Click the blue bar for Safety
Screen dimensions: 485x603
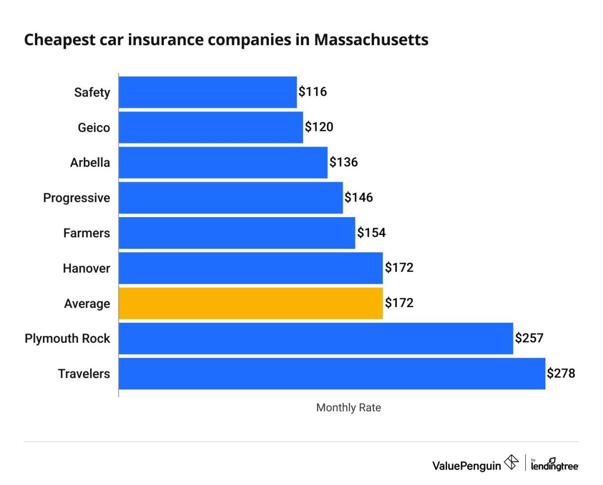pyautogui.click(x=208, y=92)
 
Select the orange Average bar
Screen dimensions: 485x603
pyautogui.click(x=251, y=303)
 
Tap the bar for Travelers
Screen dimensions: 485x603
pyautogui.click(x=332, y=373)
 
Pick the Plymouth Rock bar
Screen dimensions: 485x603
pyautogui.click(x=316, y=338)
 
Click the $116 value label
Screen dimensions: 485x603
pyautogui.click(x=313, y=91)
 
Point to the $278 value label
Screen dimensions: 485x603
pyautogui.click(x=561, y=373)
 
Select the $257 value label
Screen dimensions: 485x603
pyautogui.click(x=529, y=338)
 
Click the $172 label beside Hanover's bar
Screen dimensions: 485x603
pyautogui.click(x=399, y=267)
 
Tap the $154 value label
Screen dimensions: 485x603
pyautogui.click(x=371, y=233)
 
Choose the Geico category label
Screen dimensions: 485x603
pyautogui.click(x=94, y=128)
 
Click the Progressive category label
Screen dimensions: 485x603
pyautogui.click(x=76, y=198)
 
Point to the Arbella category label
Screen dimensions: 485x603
pyautogui.click(x=90, y=162)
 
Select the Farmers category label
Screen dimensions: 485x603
pyautogui.click(x=87, y=233)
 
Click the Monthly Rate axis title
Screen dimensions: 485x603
pyautogui.click(x=349, y=408)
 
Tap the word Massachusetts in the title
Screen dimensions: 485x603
pyautogui.click(x=371, y=40)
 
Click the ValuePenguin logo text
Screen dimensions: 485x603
pyautogui.click(x=466, y=466)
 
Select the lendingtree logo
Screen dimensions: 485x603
pyautogui.click(x=554, y=465)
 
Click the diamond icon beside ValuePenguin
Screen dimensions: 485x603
pyautogui.click(x=511, y=462)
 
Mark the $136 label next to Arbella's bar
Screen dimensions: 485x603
pyautogui.click(x=343, y=162)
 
